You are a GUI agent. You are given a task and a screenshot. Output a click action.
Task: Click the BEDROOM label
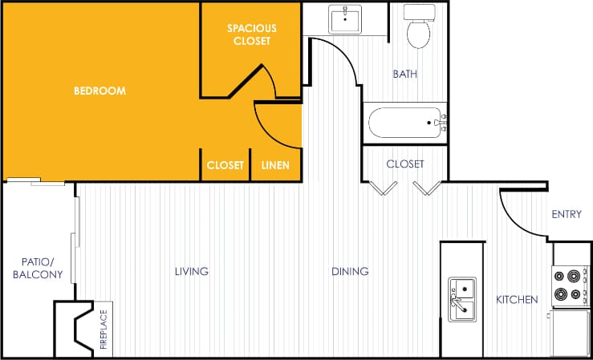pos(100,91)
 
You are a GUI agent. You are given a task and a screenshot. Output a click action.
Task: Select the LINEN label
pos(276,166)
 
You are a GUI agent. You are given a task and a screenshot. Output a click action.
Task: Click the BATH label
pos(404,75)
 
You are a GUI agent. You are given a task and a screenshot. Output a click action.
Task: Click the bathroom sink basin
pos(345,18)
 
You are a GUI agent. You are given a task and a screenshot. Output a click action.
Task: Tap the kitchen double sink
pos(462,299)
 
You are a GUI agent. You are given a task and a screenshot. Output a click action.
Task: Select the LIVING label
pos(192,272)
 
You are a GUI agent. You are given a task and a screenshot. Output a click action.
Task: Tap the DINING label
pos(350,272)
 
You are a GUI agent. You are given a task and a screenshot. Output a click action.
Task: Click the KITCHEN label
pos(517,300)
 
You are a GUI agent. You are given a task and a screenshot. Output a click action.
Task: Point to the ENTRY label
pos(567,214)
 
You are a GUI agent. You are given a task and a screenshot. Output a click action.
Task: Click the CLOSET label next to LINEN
pos(225,166)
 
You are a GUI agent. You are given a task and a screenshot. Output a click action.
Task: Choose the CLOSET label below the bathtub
pos(404,164)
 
